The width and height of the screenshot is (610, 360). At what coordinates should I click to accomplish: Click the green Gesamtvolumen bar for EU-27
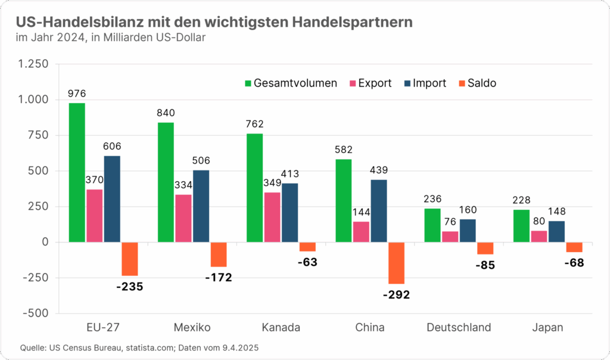pyautogui.click(x=77, y=172)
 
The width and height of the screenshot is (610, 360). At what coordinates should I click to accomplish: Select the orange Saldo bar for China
pyautogui.click(x=396, y=263)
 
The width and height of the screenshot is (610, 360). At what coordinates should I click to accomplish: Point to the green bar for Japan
pyautogui.click(x=521, y=226)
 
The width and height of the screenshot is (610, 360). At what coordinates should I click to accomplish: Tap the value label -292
pyautogui.click(x=396, y=294)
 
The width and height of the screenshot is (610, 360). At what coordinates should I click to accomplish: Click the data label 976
pyautogui.click(x=77, y=94)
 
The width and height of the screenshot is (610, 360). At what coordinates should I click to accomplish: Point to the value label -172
pyautogui.click(x=219, y=277)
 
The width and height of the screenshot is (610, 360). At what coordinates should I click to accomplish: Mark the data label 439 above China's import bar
pyautogui.click(x=379, y=170)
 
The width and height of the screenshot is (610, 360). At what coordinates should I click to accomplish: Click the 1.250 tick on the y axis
pyautogui.click(x=36, y=64)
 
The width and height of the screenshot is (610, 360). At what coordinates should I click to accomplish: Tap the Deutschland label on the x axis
pyautogui.click(x=459, y=327)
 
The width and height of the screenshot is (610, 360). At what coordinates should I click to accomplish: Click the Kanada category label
pyautogui.click(x=281, y=327)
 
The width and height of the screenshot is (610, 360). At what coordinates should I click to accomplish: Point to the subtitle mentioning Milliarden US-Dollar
pyautogui.click(x=111, y=38)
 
